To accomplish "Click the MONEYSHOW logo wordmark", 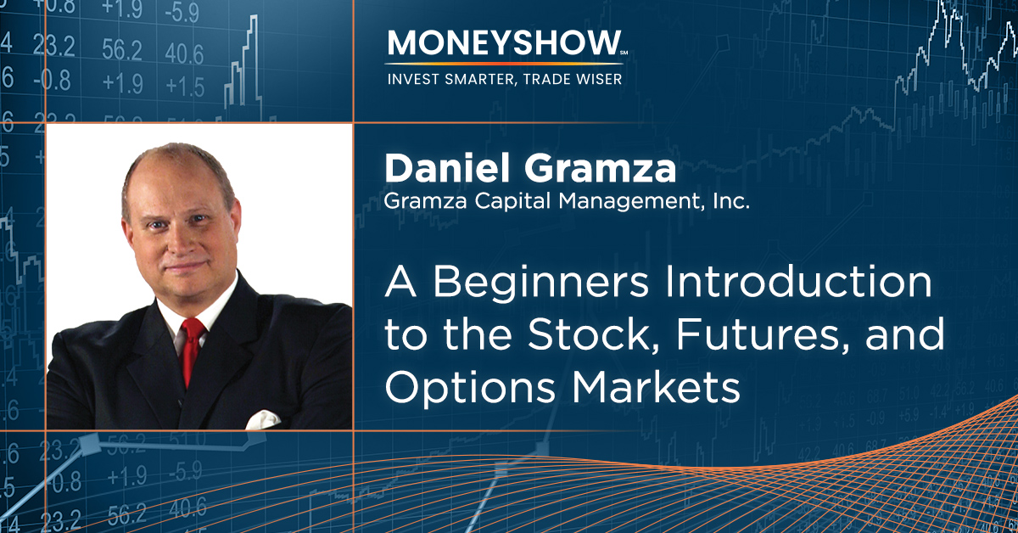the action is tap(505, 43).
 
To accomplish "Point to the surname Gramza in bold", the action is tap(600, 168).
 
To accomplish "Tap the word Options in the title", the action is tap(470, 389).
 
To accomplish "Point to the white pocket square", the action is tap(263, 420).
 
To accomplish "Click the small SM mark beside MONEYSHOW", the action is tap(624, 53).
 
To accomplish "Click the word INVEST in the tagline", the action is tap(412, 79).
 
